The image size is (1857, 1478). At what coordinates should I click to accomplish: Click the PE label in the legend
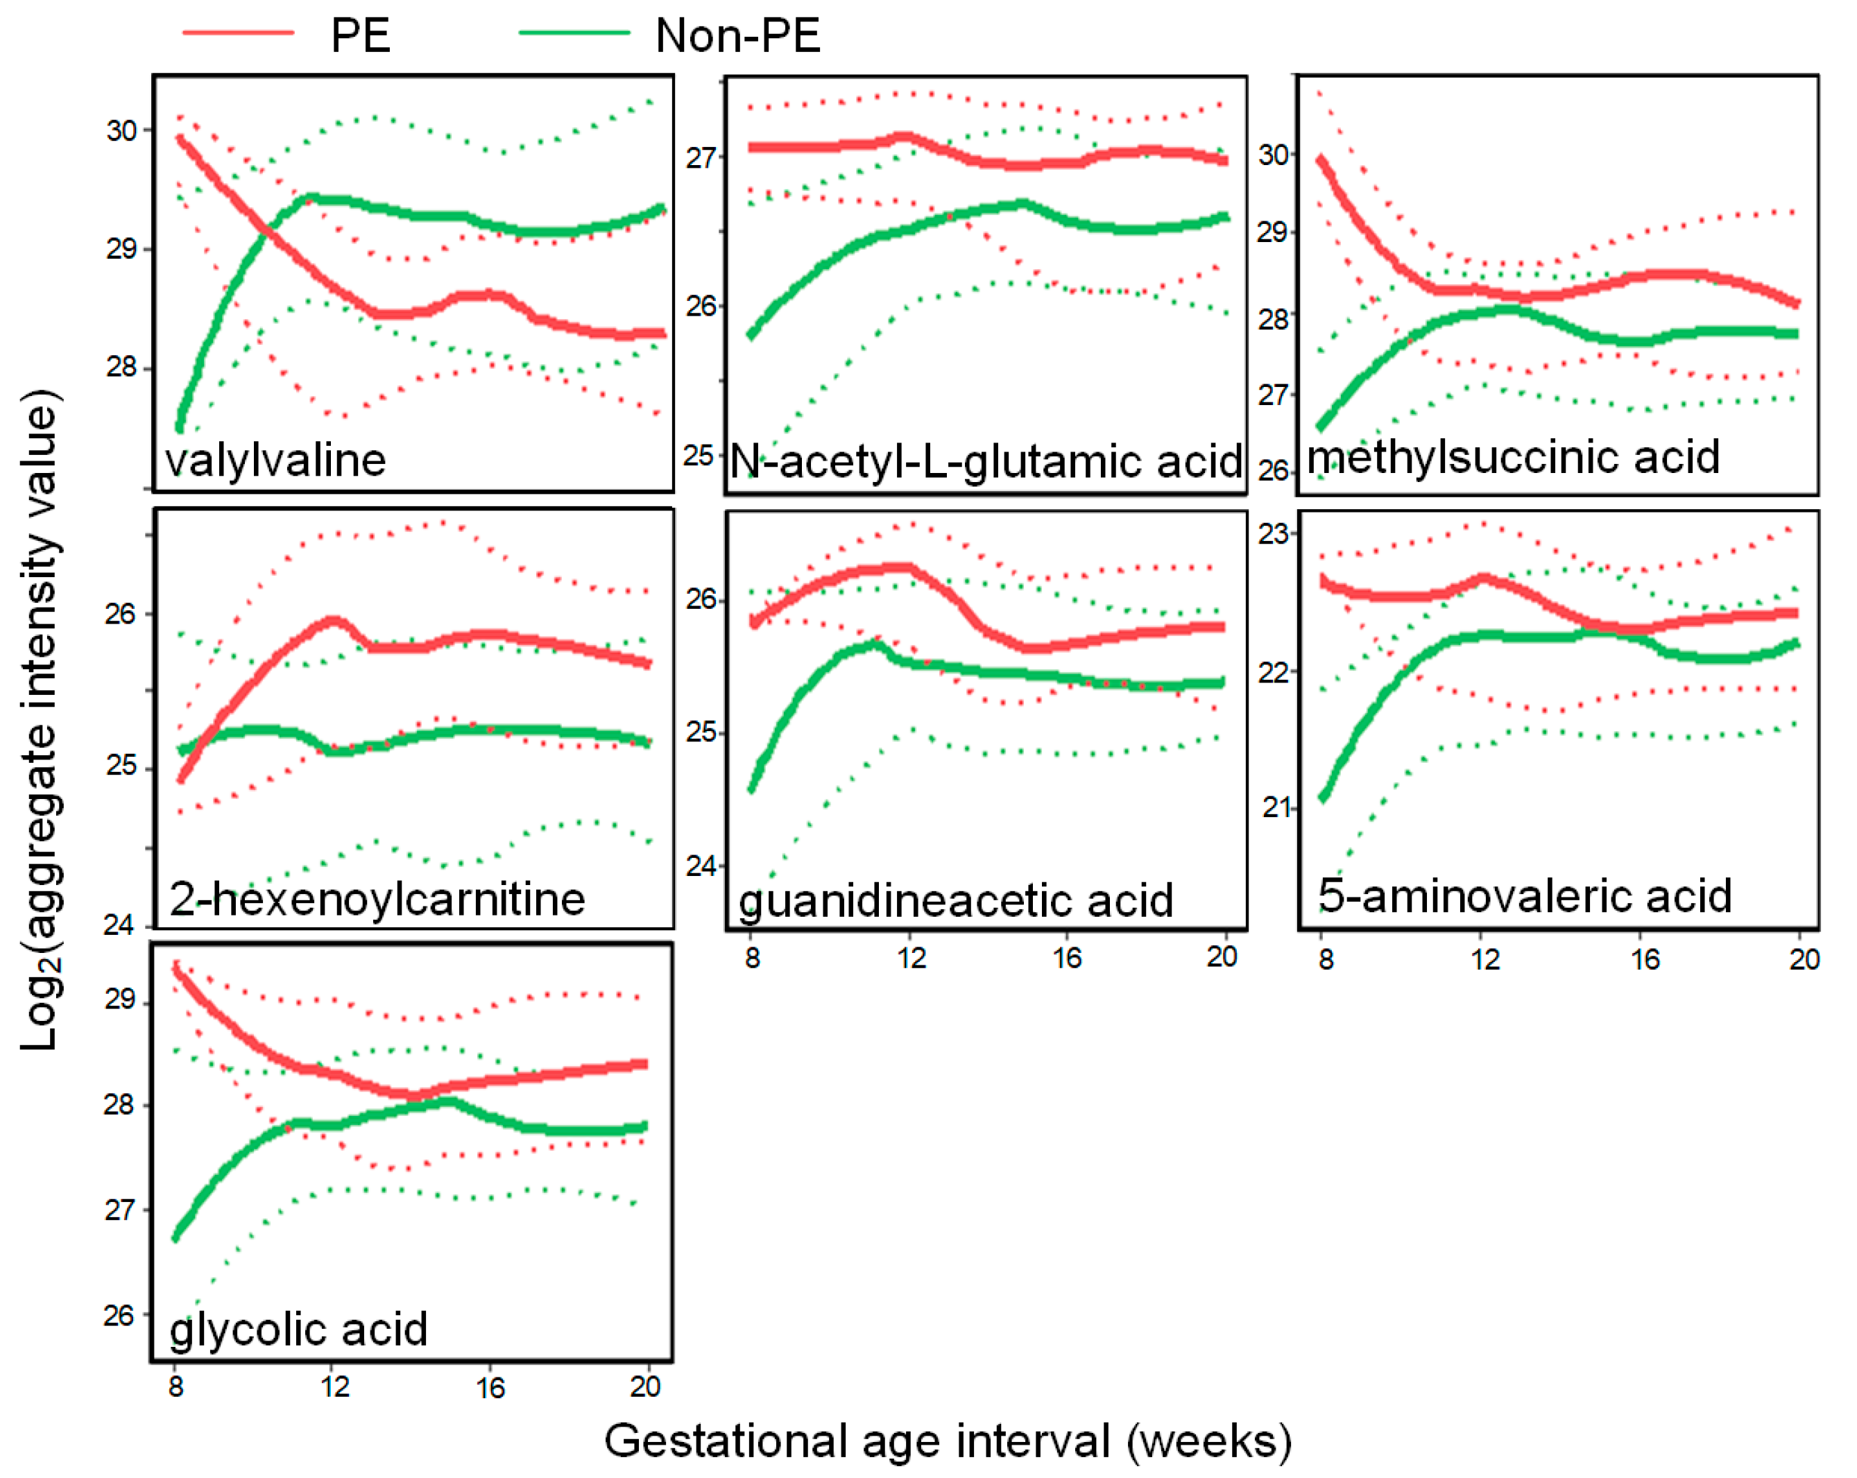click(360, 36)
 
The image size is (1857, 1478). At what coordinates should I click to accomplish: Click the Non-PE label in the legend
click(737, 36)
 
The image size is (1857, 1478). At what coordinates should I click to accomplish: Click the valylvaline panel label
click(275, 460)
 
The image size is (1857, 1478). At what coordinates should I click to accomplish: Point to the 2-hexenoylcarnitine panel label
click(377, 899)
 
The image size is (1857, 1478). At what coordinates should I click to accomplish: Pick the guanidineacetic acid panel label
click(956, 901)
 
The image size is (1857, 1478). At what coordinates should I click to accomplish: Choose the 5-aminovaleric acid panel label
click(1525, 896)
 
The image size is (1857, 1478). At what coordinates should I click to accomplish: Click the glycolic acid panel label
click(298, 1329)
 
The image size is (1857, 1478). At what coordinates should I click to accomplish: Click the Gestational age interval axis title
click(948, 1441)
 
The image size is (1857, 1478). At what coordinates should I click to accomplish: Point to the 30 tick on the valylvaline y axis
click(121, 131)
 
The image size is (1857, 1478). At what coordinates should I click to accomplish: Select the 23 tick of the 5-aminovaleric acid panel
click(1273, 534)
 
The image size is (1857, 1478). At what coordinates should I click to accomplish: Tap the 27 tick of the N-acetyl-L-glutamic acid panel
click(700, 157)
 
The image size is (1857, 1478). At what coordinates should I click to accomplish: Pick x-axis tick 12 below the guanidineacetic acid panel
click(910, 957)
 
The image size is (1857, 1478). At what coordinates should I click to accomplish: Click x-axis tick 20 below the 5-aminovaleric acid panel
click(1804, 959)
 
